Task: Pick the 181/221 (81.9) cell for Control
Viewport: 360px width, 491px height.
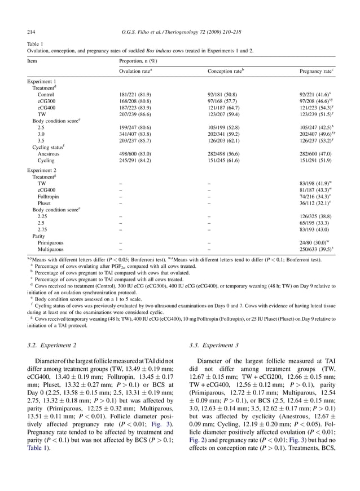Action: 134,94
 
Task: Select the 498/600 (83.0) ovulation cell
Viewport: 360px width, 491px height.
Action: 134,153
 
